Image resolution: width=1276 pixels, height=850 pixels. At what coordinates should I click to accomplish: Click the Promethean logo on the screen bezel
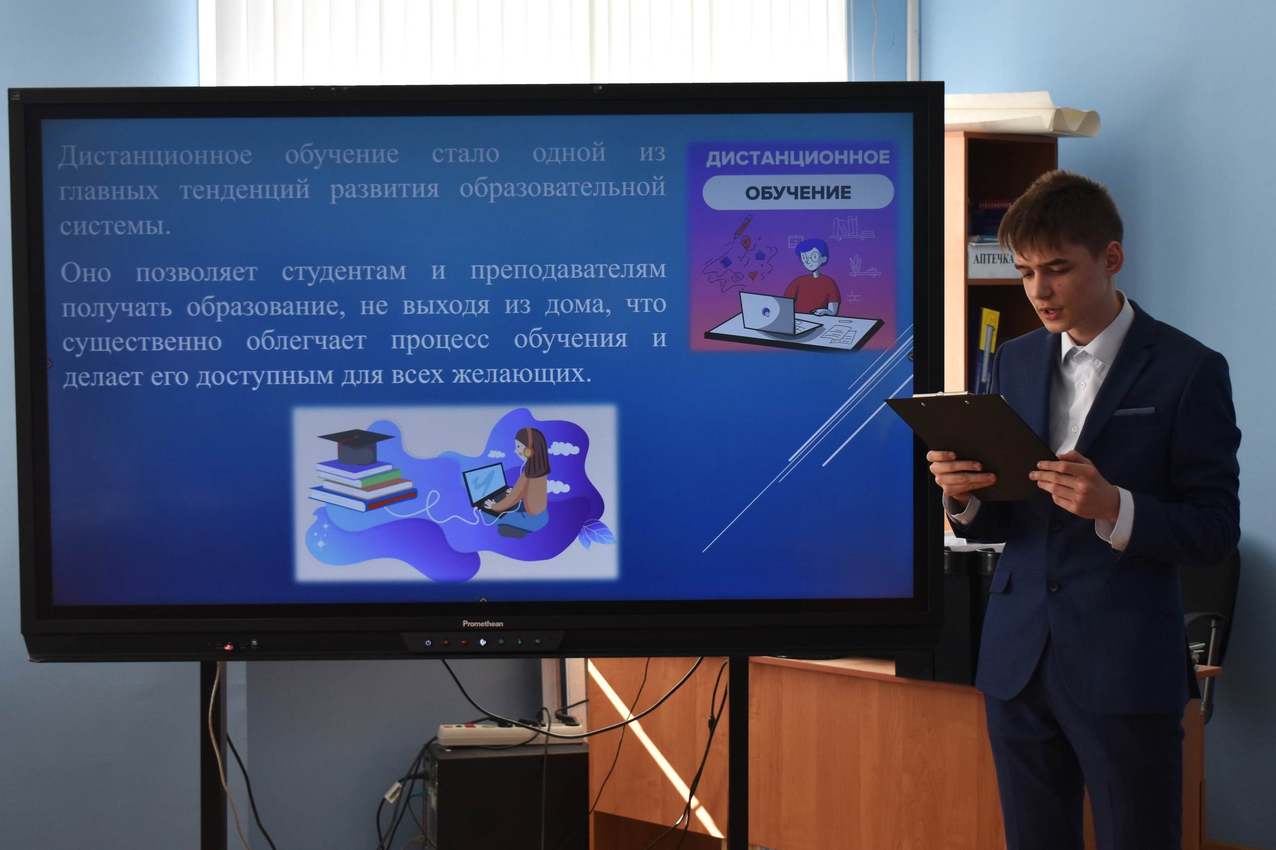482,623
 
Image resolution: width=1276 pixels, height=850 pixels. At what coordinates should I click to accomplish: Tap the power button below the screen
428,642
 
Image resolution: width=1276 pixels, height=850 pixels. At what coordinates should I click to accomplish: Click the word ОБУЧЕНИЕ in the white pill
797,192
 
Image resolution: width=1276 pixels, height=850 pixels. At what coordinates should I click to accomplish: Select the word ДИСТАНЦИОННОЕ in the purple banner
797,157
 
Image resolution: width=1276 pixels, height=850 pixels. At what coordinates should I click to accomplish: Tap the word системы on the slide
115,226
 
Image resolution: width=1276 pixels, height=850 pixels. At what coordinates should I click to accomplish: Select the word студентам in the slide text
344,271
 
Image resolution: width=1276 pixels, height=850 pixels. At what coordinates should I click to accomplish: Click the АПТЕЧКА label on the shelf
992,259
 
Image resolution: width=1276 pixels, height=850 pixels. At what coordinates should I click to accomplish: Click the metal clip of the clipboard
942,394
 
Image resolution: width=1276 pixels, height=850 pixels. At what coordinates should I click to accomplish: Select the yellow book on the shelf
987,347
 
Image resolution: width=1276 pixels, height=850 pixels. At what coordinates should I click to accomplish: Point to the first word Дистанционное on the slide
155,155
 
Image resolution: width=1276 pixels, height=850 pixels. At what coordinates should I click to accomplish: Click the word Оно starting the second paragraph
86,273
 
